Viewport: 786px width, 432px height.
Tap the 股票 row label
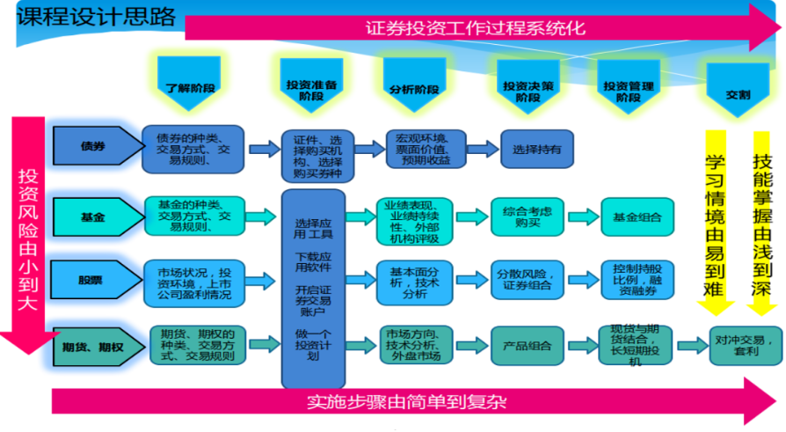click(x=92, y=279)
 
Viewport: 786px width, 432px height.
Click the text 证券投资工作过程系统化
click(x=475, y=28)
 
